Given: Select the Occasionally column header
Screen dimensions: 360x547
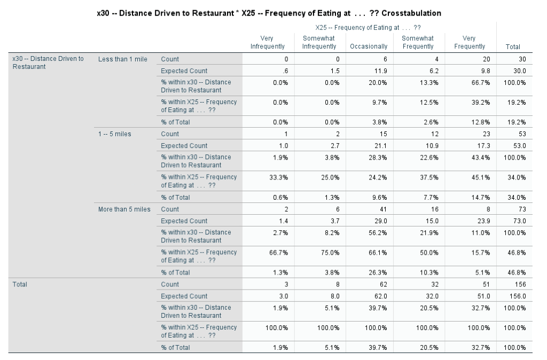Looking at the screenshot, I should (369, 46).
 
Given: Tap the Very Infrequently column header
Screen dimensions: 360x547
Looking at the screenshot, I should (268, 42).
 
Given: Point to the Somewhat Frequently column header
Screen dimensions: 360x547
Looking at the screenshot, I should (418, 42).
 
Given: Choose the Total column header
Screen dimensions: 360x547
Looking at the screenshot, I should (513, 46).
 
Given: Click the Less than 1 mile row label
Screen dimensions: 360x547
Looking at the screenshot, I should (123, 59).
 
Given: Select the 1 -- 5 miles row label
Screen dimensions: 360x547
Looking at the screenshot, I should (115, 134).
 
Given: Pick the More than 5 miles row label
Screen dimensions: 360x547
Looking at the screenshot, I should (124, 209).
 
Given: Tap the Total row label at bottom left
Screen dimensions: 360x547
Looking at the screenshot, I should (20, 284).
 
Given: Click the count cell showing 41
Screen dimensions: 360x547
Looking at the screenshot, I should (383, 209).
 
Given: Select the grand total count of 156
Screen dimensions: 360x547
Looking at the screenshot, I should (520, 284).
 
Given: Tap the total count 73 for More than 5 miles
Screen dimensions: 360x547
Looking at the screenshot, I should (522, 209).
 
